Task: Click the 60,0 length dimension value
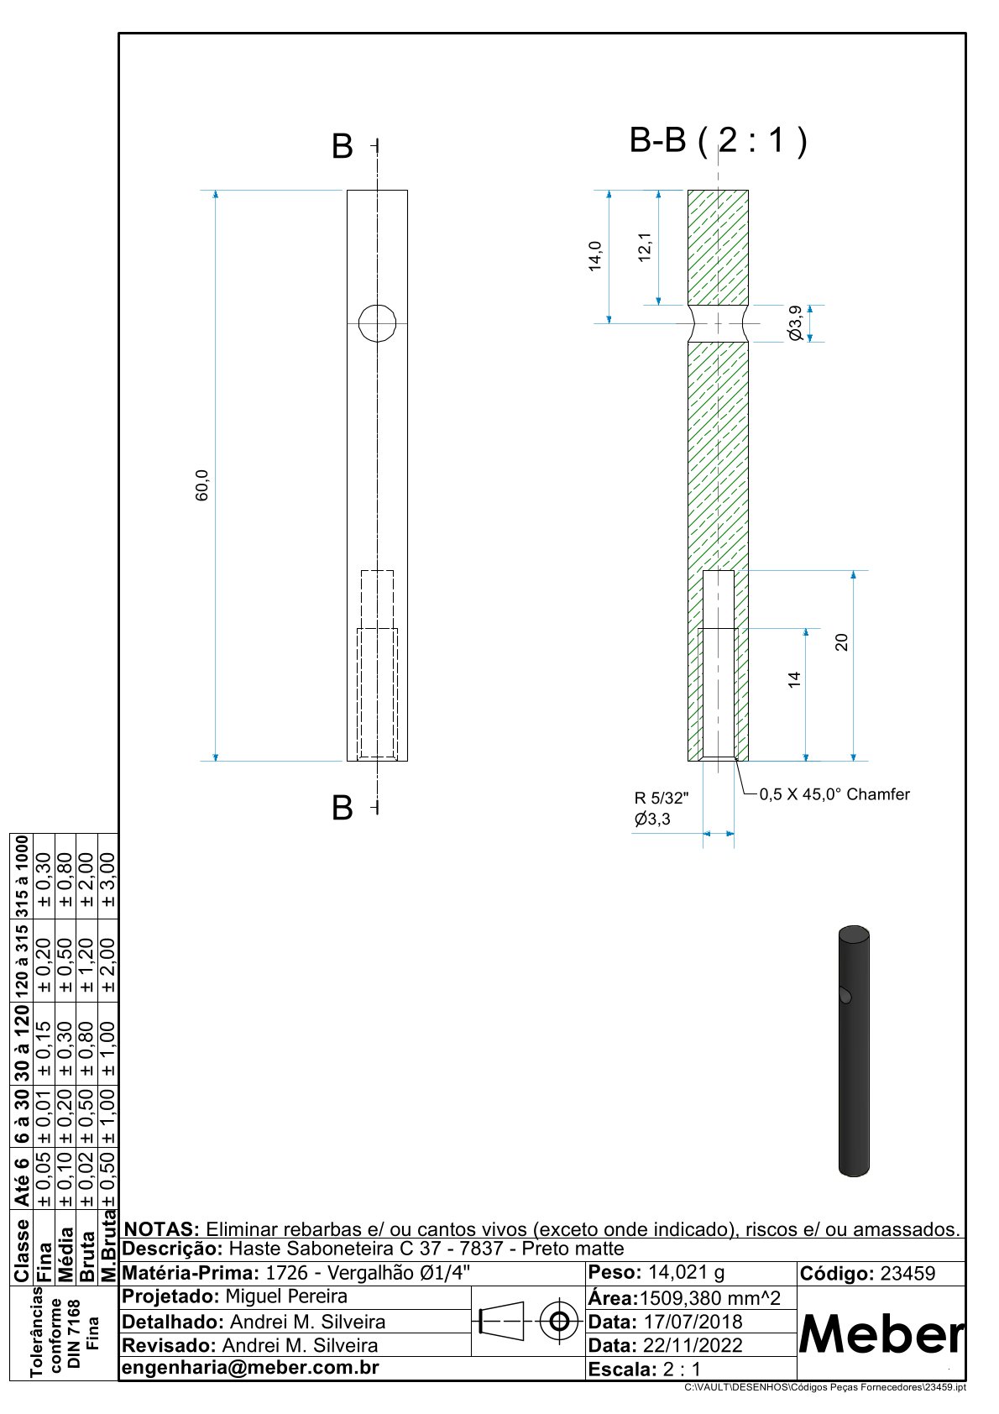202,485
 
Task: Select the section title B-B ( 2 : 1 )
718,140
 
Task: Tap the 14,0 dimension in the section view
595,256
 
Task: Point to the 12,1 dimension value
645,248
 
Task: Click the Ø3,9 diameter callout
795,323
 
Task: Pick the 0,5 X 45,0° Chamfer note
834,794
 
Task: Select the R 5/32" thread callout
662,798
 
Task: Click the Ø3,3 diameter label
652,820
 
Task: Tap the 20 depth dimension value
841,642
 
